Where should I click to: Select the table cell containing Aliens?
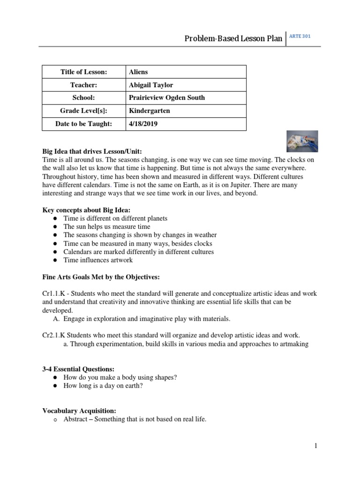point(138,72)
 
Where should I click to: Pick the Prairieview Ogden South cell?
point(167,98)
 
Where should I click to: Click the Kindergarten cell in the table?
point(150,111)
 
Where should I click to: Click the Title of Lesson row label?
point(84,72)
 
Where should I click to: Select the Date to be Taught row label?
point(84,124)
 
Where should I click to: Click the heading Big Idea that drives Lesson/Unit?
point(92,151)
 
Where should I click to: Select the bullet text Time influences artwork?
point(98,260)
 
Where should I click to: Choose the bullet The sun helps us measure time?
point(107,227)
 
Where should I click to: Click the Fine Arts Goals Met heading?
point(101,277)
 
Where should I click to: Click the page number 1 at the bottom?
point(316,446)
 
